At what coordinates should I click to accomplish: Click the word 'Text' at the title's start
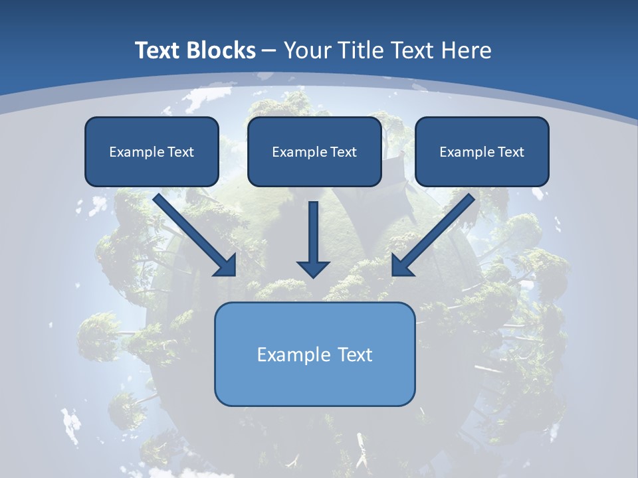157,50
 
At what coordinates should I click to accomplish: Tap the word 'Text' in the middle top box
343,152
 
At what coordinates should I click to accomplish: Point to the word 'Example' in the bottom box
294,355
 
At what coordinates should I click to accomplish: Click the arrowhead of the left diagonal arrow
226,265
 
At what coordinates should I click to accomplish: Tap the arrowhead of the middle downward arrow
313,268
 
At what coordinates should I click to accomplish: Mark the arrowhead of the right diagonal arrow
402,265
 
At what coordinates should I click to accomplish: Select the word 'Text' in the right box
510,152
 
